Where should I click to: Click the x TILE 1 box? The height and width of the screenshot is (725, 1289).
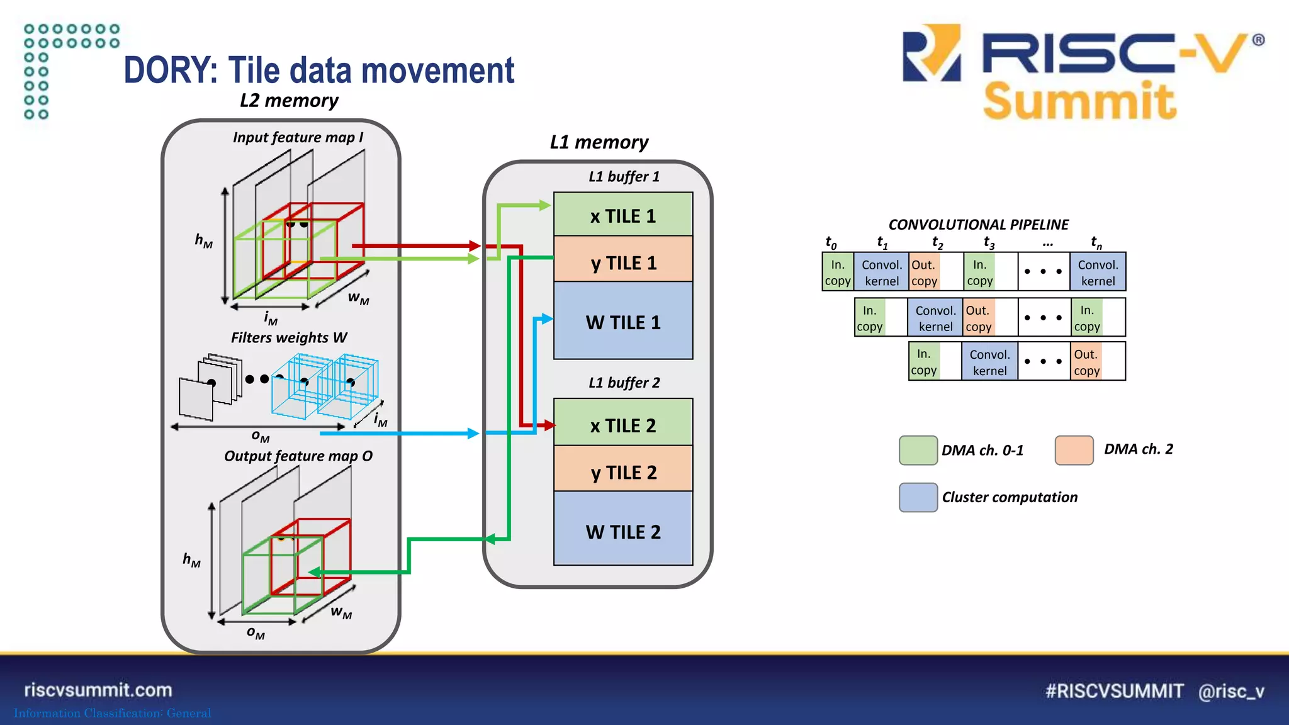tap(623, 215)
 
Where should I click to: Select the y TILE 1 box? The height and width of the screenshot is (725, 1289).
tap(623, 262)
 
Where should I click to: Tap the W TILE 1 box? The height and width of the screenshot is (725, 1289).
tap(623, 322)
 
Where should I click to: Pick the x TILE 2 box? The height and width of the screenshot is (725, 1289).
tap(623, 425)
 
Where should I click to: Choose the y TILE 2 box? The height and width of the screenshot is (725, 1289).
tap(623, 471)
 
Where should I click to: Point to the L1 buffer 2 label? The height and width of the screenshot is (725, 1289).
tap(624, 383)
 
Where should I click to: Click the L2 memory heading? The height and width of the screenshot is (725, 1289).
tap(289, 101)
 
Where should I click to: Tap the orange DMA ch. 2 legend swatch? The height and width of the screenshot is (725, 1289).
tap(1074, 450)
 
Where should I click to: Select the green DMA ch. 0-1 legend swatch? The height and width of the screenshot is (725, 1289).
tap(918, 450)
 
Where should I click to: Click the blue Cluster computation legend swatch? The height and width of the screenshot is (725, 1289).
tap(918, 497)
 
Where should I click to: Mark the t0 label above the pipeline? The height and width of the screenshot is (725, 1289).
tap(831, 242)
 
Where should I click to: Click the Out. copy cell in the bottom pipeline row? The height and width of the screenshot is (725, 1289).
tap(1087, 362)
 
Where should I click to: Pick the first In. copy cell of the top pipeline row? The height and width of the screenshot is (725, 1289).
tap(838, 273)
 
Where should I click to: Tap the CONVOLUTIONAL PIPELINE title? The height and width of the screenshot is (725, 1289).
tap(979, 225)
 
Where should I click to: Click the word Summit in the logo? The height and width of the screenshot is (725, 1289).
tap(1079, 101)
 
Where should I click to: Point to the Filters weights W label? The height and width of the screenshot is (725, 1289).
tap(289, 338)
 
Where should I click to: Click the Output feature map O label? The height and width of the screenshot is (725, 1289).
tap(298, 456)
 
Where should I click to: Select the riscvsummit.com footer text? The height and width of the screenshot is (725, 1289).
tap(98, 690)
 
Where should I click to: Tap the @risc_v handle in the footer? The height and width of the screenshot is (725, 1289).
tap(1231, 691)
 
